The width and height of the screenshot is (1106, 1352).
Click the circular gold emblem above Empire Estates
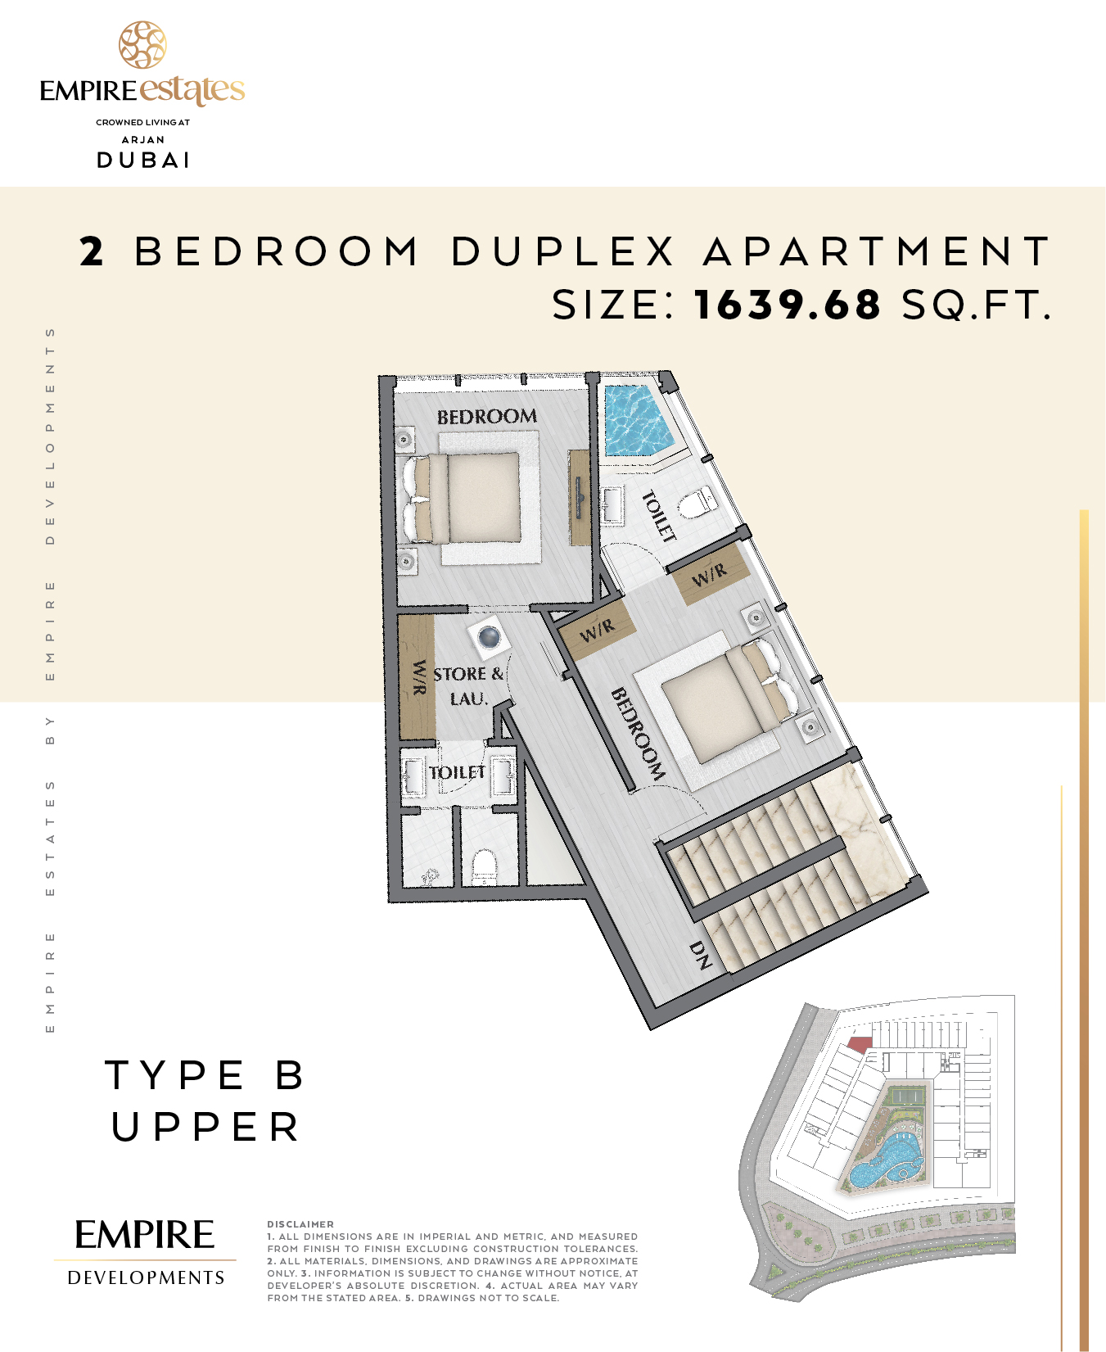[142, 44]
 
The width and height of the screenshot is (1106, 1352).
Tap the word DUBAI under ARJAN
[144, 161]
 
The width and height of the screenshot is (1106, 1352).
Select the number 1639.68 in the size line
[788, 305]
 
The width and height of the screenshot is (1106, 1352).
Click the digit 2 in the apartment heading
[92, 251]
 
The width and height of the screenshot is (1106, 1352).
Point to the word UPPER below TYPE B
[205, 1127]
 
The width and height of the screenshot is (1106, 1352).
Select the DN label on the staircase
[701, 954]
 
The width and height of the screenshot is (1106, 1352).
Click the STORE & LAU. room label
[468, 686]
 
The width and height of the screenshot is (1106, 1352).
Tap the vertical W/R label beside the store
[418, 678]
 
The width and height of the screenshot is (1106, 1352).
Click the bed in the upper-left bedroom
[463, 498]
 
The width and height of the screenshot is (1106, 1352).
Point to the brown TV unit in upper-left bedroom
[580, 497]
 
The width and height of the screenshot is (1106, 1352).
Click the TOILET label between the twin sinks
[458, 772]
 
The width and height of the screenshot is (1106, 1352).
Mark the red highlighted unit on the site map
[860, 1043]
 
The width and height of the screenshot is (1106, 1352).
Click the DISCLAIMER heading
[300, 1224]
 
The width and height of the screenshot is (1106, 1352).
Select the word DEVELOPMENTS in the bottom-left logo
[146, 1277]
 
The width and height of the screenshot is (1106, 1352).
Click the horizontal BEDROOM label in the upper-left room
[487, 417]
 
